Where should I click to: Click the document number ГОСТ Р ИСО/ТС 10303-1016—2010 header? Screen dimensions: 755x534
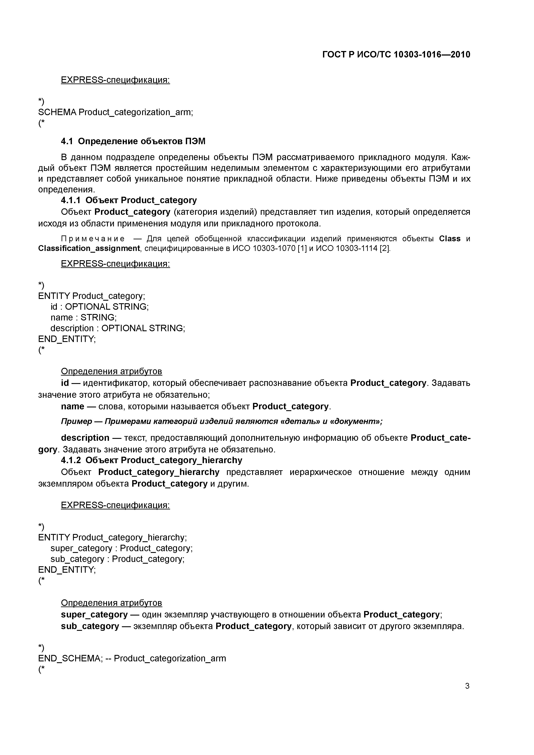(396, 55)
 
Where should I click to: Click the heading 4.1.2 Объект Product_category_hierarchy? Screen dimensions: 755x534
(151, 460)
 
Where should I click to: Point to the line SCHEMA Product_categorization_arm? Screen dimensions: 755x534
(115, 113)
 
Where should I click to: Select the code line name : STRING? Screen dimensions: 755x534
(83, 318)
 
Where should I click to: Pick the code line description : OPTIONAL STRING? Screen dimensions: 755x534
(118, 328)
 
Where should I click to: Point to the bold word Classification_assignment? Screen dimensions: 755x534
(89, 248)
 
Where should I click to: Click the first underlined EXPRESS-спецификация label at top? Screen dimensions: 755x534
(115, 80)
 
